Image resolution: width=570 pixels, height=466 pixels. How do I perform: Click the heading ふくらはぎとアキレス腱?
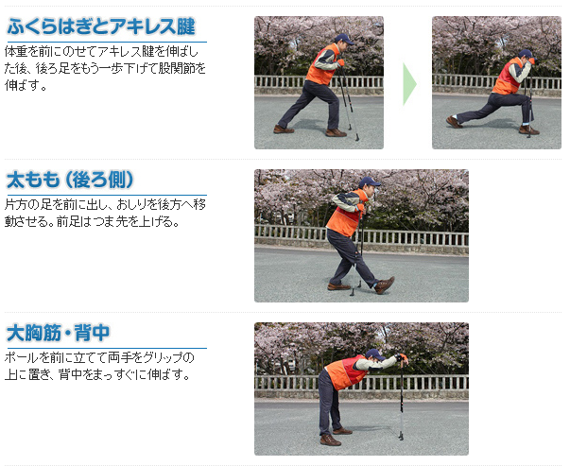[x=101, y=26]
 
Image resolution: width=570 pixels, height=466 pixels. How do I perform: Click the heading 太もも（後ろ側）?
[x=71, y=180]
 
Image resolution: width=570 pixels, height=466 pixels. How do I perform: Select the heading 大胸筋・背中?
[x=59, y=333]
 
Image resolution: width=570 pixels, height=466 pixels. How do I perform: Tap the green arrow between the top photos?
[x=409, y=84]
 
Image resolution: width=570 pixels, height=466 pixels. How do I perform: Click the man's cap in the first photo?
[x=343, y=39]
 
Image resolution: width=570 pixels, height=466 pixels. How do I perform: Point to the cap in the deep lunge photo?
[x=527, y=55]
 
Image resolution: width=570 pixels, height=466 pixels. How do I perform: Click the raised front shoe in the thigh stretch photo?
[x=385, y=285]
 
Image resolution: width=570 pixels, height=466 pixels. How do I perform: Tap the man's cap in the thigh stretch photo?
[x=370, y=181]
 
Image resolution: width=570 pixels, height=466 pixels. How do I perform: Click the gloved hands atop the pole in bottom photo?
[x=402, y=357]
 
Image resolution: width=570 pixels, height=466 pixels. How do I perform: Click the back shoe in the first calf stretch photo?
[x=284, y=129]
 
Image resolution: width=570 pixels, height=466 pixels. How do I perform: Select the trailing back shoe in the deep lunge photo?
[x=454, y=122]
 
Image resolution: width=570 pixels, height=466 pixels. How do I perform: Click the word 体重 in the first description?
[x=16, y=52]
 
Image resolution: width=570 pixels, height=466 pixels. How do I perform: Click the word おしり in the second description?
[x=133, y=205]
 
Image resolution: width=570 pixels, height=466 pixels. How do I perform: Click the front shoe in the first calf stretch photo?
[x=336, y=132]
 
